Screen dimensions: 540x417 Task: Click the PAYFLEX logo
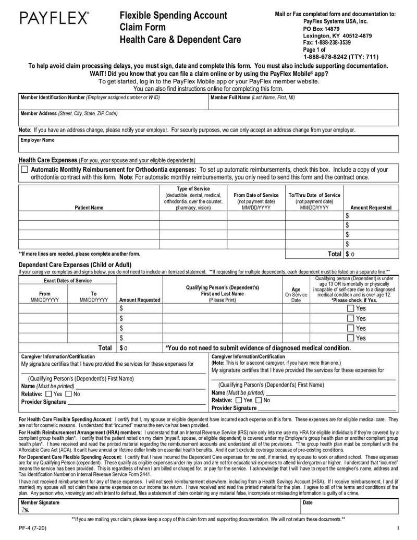54,19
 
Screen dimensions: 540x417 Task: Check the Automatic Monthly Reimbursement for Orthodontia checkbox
24,170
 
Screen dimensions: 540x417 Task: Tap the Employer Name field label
37,140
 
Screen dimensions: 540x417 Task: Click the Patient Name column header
89,208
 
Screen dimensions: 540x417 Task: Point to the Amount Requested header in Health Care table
371,208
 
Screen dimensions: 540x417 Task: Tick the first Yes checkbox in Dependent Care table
350,308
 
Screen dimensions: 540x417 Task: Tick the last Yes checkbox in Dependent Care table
350,338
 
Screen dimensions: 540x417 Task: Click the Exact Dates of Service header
68,281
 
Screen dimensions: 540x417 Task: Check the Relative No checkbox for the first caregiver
69,394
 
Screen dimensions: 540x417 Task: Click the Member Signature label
40,502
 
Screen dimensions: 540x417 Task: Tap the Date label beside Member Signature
308,502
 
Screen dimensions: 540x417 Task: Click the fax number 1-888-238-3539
327,43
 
